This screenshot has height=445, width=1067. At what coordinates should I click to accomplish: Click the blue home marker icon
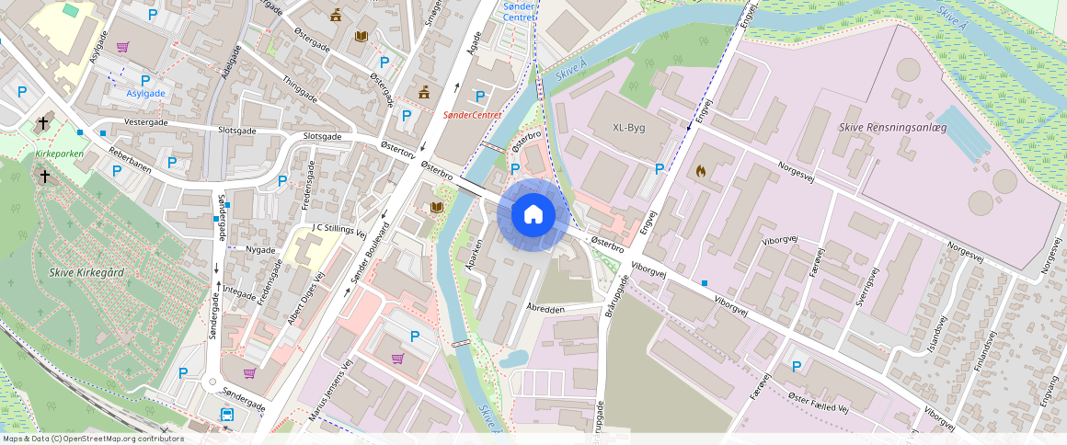tap(533, 214)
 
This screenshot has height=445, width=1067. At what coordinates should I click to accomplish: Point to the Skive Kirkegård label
tap(87, 272)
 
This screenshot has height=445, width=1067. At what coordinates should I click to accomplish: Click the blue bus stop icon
tap(226, 415)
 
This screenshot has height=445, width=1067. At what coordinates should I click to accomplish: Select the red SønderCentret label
tap(472, 115)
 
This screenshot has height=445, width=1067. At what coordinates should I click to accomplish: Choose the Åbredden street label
tap(545, 309)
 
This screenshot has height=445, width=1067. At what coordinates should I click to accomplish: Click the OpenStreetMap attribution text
tap(93, 439)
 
